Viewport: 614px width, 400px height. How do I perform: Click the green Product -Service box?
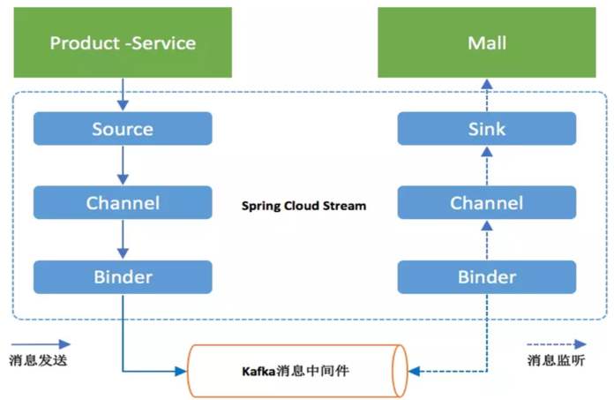123,42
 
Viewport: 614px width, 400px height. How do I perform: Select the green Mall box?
486,42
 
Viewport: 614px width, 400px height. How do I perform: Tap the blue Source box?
123,129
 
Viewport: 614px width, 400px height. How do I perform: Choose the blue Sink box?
486,129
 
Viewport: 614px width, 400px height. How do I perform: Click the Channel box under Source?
123,203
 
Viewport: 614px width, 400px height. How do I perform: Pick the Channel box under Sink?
486,203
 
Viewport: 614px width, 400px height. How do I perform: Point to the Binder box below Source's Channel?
123,277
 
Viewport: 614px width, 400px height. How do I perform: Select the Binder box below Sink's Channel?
486,277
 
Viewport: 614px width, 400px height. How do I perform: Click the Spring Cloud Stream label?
303,206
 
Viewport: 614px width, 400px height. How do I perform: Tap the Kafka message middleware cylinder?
297,370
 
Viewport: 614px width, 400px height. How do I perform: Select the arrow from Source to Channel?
123,166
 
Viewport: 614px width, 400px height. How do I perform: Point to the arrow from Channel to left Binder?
123,240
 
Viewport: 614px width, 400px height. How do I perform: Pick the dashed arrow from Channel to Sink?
486,166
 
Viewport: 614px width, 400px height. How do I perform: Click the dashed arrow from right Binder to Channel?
486,240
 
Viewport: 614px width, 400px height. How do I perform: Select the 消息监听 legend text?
557,360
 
